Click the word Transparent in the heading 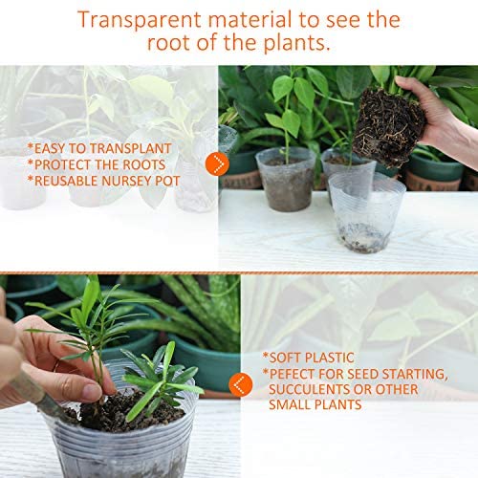tap(140, 20)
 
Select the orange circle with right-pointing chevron tap(218, 164)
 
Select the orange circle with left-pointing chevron tap(241, 384)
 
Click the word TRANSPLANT tap(131, 148)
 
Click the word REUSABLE tap(67, 181)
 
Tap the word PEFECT tap(293, 374)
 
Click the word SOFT tap(285, 358)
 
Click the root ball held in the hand tap(389, 127)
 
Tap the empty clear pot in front tap(366, 213)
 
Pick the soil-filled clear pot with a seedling tap(286, 179)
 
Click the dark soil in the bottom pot tap(124, 411)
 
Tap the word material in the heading tap(250, 20)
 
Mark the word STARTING tap(415, 375)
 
